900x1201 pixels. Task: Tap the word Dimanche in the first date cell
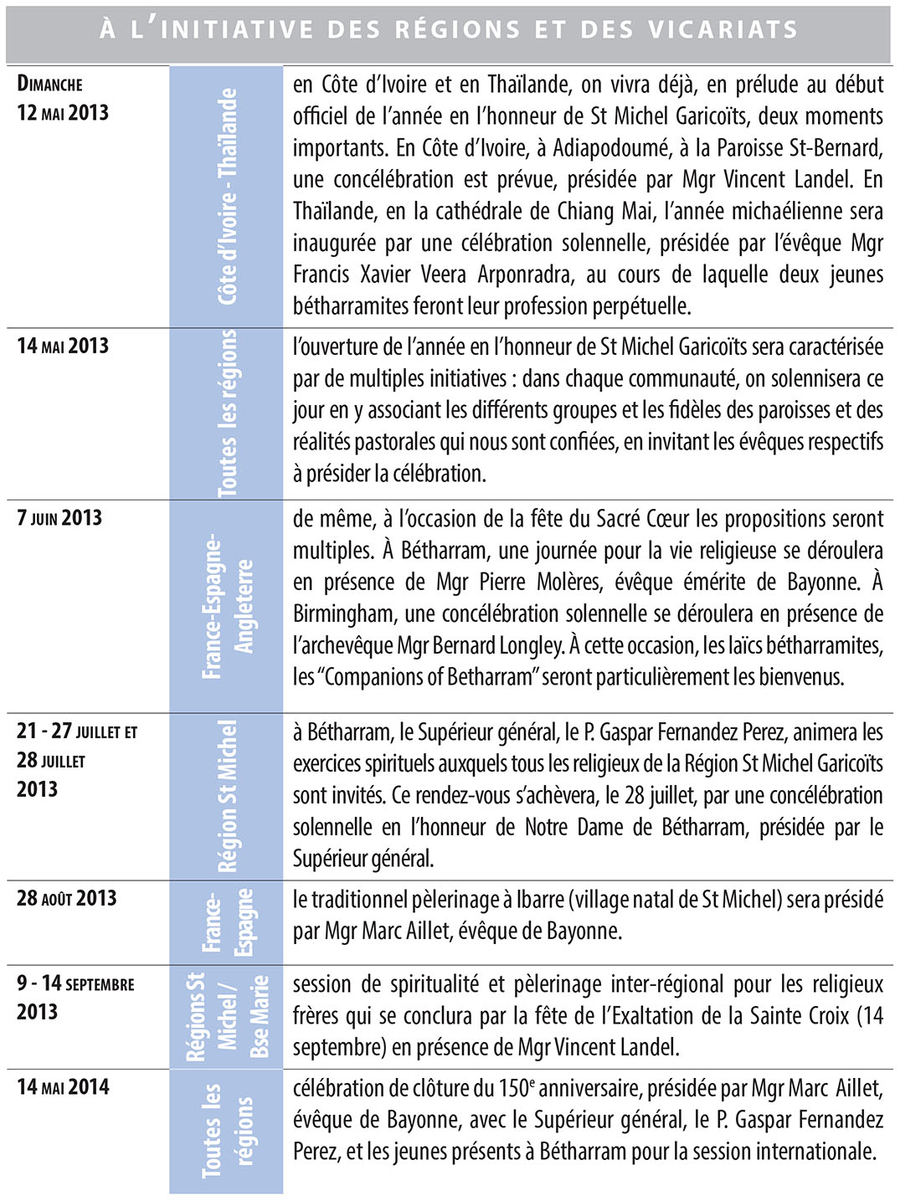[x=50, y=84]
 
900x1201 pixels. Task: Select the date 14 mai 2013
[x=63, y=346]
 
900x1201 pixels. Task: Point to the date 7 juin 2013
[x=59, y=517]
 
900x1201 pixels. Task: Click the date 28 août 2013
[x=67, y=898]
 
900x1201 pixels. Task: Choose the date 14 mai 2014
[x=63, y=1087]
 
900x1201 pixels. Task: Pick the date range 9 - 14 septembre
[x=75, y=983]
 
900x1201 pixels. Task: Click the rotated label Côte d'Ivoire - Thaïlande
[x=227, y=197]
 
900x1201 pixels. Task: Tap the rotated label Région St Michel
[x=227, y=795]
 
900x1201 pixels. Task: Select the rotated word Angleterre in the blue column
[x=244, y=606]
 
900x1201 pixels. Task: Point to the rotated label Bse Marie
[x=260, y=1016]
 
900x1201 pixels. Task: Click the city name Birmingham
[x=344, y=613]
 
